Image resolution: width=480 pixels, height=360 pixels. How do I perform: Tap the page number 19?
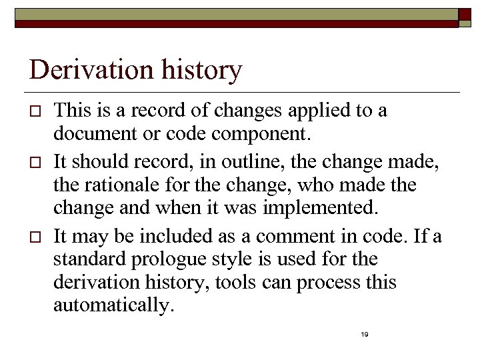point(364,334)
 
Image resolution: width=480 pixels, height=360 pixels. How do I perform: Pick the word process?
point(329,283)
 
